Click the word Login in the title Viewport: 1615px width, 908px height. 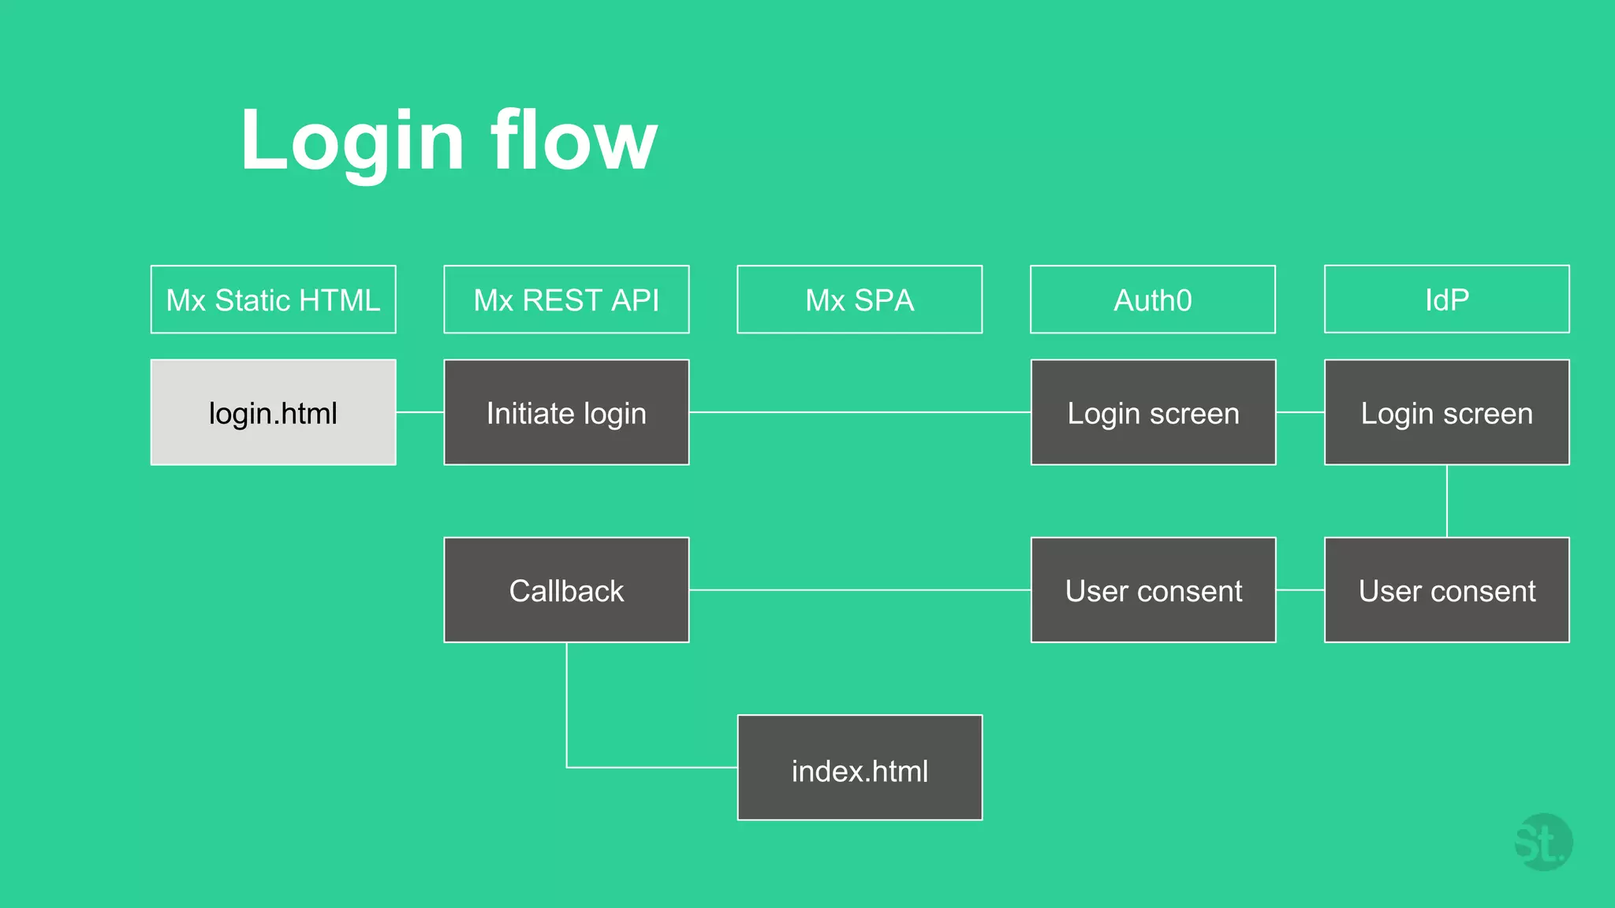click(352, 142)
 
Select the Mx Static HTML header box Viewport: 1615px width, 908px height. click(273, 300)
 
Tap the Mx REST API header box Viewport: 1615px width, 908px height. click(566, 300)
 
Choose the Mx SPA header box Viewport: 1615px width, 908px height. click(860, 300)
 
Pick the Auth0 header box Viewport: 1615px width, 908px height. click(1152, 300)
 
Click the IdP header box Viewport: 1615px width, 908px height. click(1446, 300)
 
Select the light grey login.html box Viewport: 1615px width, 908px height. click(273, 412)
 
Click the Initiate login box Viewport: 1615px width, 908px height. click(566, 412)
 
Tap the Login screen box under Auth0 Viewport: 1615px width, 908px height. click(1153, 412)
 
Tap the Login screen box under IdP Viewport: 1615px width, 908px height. click(1446, 412)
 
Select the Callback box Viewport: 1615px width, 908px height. click(566, 590)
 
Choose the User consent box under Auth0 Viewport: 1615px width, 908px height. click(1153, 590)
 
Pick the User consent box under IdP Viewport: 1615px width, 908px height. click(1446, 590)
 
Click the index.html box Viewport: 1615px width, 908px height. click(860, 768)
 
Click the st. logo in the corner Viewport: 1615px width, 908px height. click(1542, 843)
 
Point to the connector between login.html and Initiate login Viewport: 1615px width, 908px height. click(420, 412)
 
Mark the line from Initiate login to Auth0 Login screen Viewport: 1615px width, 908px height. click(860, 412)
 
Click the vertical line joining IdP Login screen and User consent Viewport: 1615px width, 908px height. click(1446, 501)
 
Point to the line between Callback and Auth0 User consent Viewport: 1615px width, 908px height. click(860, 590)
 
